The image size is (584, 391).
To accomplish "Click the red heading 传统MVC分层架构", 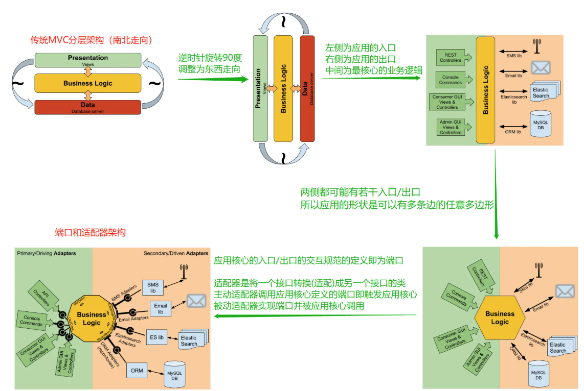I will click(x=92, y=40).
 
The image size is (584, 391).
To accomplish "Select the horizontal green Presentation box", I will click(x=87, y=60).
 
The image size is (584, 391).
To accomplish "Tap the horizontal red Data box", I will click(x=87, y=107).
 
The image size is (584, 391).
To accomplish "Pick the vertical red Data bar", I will click(x=307, y=88).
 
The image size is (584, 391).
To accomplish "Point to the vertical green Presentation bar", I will click(x=260, y=88).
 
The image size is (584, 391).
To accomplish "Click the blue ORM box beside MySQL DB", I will click(x=137, y=370).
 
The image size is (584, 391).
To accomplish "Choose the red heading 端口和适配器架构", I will click(x=90, y=232).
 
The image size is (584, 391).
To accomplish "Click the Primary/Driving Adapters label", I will click(x=46, y=253).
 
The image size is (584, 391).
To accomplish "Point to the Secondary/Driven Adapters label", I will click(x=176, y=253).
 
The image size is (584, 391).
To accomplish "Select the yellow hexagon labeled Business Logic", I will click(x=500, y=317).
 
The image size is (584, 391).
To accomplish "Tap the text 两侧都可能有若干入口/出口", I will click(x=360, y=193).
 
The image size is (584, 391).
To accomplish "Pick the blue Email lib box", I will click(x=160, y=308).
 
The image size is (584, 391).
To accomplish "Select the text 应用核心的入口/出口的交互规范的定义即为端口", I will click(x=309, y=260).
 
